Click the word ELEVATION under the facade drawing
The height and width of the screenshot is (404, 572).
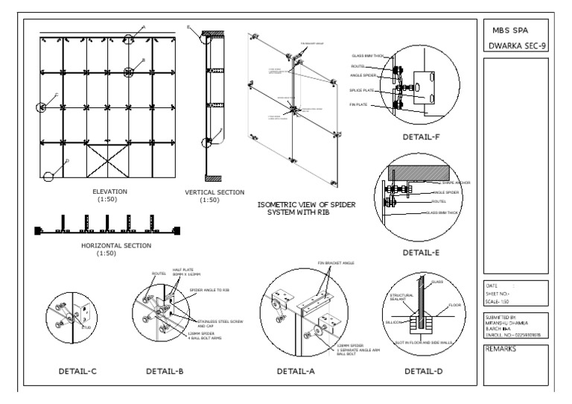click(109, 192)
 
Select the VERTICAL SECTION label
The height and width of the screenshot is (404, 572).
click(214, 192)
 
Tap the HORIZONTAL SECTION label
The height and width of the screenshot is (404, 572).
click(115, 245)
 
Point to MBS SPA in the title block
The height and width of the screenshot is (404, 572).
click(513, 31)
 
